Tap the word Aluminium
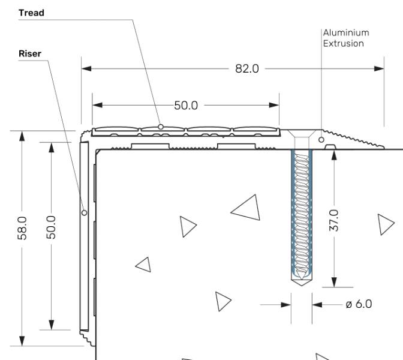pyautogui.click(x=346, y=33)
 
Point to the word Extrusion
pyautogui.click(x=344, y=43)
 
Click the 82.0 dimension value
pyautogui.click(x=246, y=68)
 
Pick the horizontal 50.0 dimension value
pyautogui.click(x=186, y=106)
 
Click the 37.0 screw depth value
pyautogui.click(x=335, y=220)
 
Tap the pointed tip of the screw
pyautogui.click(x=301, y=284)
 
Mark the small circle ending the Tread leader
pyautogui.click(x=161, y=126)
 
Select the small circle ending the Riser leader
pyautogui.click(x=84, y=212)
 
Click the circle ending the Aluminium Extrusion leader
pyautogui.click(x=321, y=140)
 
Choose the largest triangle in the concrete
pyautogui.click(x=248, y=208)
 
